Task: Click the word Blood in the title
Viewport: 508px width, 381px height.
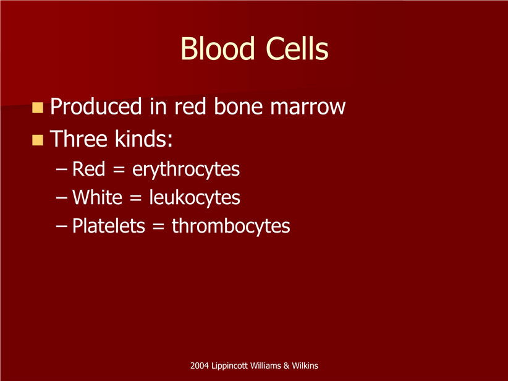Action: click(218, 49)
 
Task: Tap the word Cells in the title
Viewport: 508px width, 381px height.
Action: click(297, 49)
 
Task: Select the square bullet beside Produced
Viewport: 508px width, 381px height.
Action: click(38, 108)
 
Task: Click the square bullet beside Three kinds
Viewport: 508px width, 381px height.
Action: click(38, 140)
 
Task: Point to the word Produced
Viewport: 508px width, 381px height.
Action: click(96, 106)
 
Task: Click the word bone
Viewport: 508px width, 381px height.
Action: click(238, 106)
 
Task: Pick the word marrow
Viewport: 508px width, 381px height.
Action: click(308, 109)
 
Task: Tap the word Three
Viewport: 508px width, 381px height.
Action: click(78, 139)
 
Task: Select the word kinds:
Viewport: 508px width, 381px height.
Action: click(143, 139)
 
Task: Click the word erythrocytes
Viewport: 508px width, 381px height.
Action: click(186, 169)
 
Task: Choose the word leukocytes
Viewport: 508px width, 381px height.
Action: click(195, 198)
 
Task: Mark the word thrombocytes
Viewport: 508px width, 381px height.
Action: click(231, 226)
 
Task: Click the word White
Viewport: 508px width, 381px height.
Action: click(97, 197)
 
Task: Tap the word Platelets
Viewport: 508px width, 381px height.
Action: click(109, 226)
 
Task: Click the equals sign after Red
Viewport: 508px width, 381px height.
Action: click(119, 170)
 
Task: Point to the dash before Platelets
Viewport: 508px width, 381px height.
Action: click(62, 225)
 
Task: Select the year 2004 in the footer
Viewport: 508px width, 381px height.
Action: click(199, 366)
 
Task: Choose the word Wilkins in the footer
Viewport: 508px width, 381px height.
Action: click(305, 366)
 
